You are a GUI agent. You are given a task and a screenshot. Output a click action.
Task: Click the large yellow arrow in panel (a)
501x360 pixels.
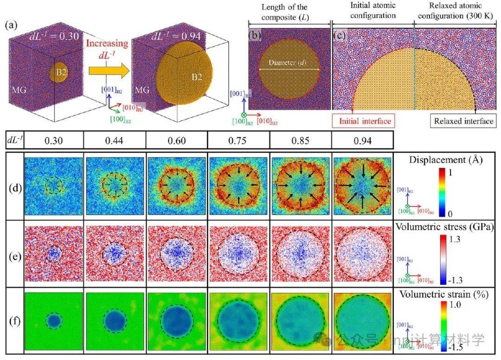pyautogui.click(x=108, y=71)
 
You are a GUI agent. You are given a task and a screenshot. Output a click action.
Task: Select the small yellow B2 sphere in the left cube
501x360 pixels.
pyautogui.click(x=58, y=73)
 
